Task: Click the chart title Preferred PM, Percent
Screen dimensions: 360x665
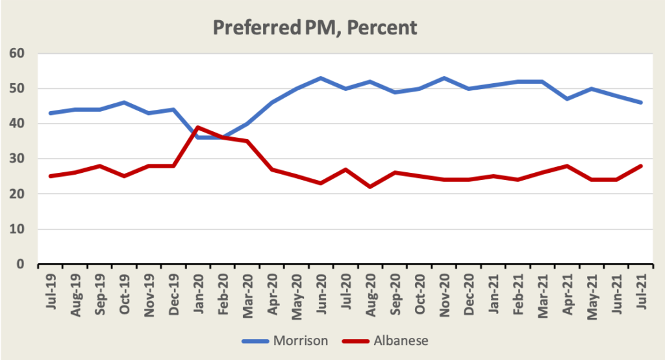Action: (314, 28)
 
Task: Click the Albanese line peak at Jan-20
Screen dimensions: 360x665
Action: (197, 127)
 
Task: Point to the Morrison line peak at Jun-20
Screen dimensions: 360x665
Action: (320, 78)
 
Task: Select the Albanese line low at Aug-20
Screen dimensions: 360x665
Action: (370, 187)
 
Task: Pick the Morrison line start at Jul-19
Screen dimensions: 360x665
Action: (49, 113)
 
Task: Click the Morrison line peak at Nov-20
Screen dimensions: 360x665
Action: (443, 78)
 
